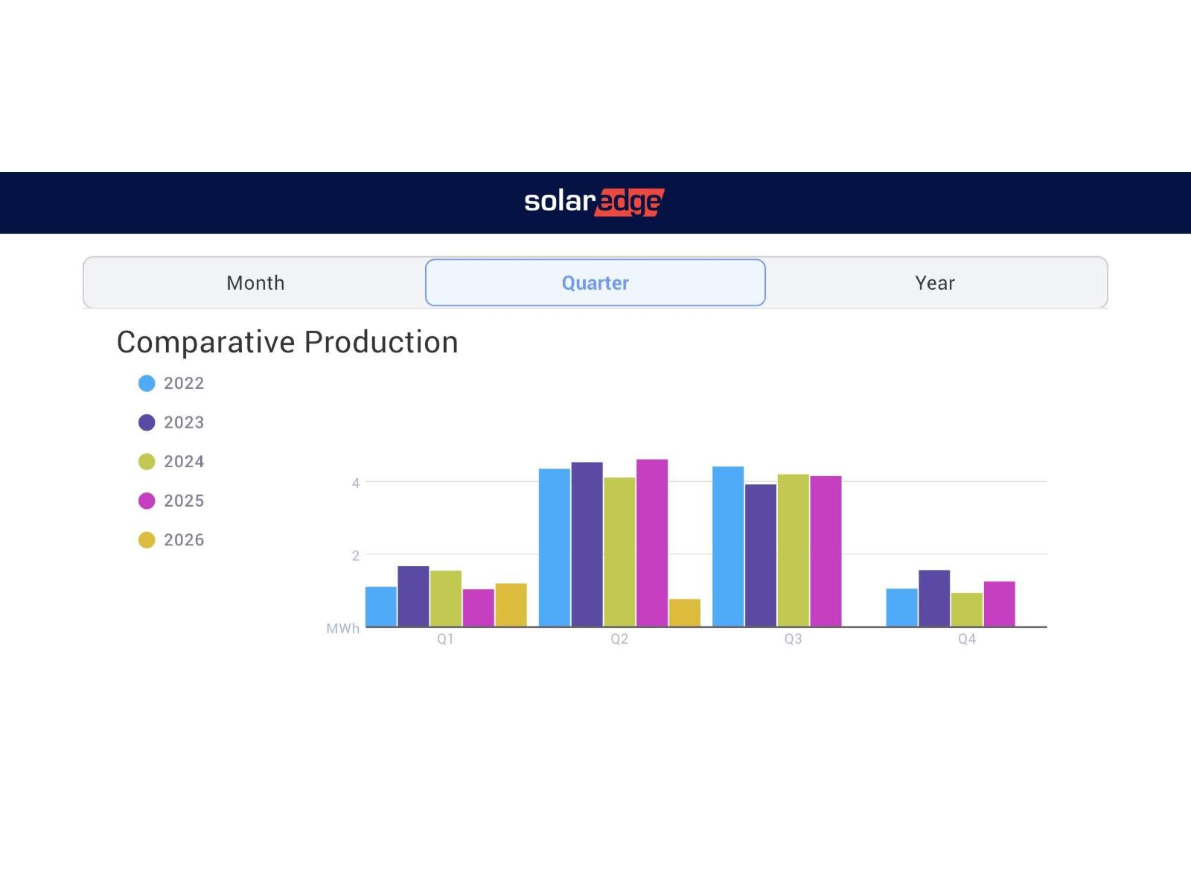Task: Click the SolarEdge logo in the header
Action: [594, 202]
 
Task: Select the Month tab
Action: [255, 283]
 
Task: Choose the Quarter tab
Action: [595, 283]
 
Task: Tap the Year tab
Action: [935, 283]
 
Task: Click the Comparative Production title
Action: [287, 343]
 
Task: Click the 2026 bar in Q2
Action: [684, 613]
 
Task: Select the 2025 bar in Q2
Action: [652, 543]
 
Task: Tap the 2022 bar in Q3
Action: [728, 547]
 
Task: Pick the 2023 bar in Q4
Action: [934, 598]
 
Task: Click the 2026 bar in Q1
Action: [511, 605]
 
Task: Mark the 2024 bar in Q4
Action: [967, 609]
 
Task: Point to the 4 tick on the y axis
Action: [356, 483]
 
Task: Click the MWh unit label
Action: [342, 629]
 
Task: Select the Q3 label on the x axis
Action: [793, 639]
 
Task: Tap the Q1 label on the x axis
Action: [445, 639]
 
